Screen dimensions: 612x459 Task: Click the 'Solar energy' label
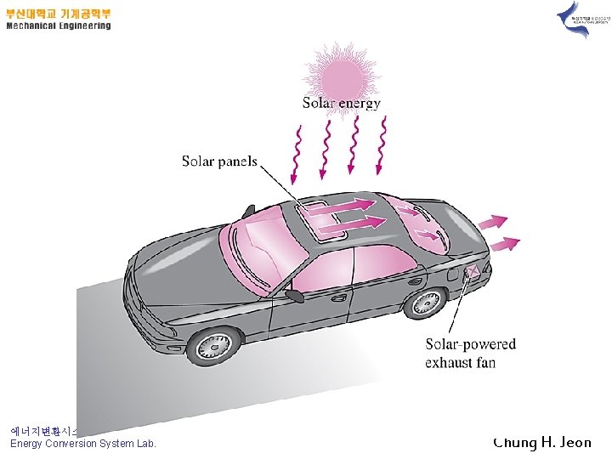click(x=342, y=104)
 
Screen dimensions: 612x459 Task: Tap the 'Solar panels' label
click(x=219, y=161)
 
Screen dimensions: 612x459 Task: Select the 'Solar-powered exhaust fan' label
click(x=470, y=354)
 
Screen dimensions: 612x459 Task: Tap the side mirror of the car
click(x=294, y=296)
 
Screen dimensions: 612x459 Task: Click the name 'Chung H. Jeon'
click(x=542, y=442)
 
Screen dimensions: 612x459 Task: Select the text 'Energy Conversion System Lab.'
click(x=83, y=444)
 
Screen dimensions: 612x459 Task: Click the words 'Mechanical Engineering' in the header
click(x=58, y=26)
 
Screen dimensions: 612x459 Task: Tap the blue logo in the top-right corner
click(x=575, y=19)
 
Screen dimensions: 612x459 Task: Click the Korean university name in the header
click(x=58, y=14)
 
